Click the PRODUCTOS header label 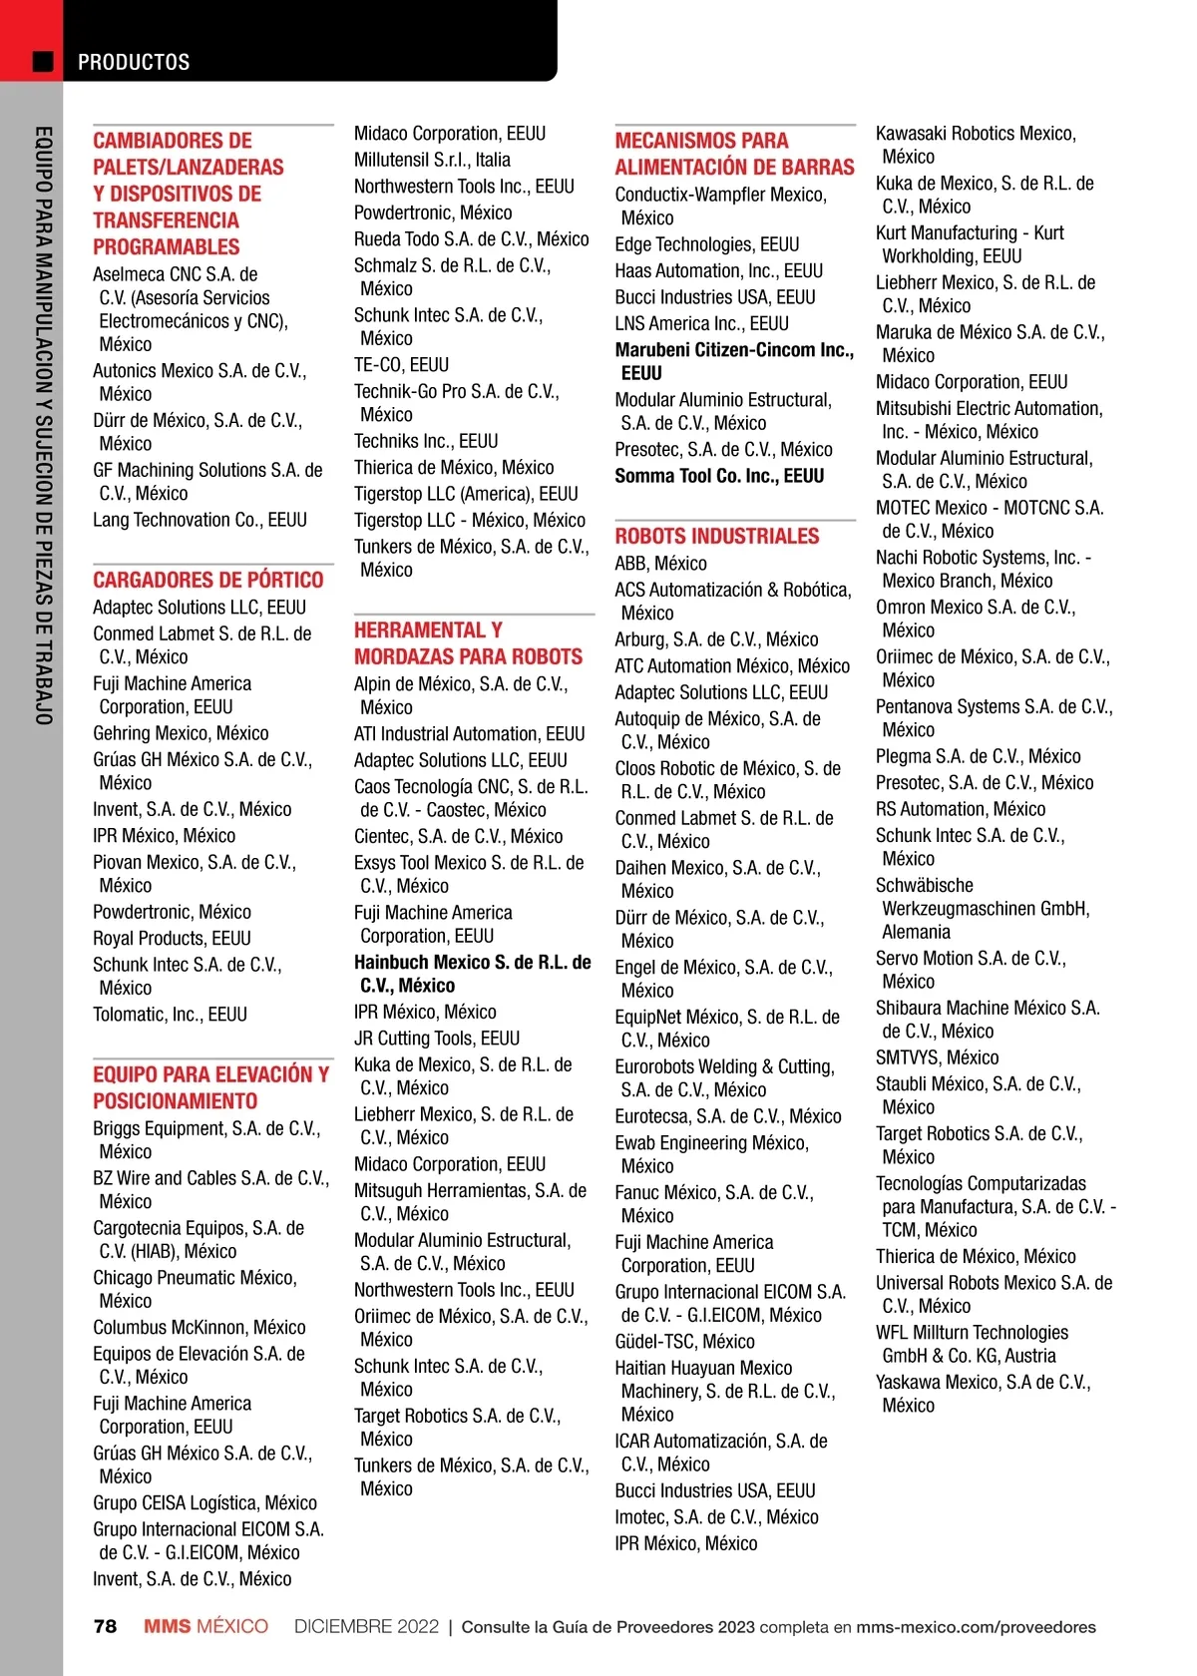click(x=134, y=62)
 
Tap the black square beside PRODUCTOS click(x=43, y=62)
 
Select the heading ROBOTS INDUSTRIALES click(x=716, y=536)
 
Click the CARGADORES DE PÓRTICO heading click(x=207, y=580)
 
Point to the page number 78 click(x=105, y=1626)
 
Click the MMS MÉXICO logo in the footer click(x=205, y=1626)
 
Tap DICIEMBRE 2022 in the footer click(x=366, y=1626)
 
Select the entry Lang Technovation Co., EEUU click(x=199, y=520)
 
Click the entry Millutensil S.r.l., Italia click(x=432, y=160)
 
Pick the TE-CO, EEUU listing click(x=401, y=365)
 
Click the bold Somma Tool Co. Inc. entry click(x=719, y=476)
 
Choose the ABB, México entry click(x=660, y=564)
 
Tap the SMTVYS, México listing click(x=937, y=1057)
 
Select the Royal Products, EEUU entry click(x=172, y=938)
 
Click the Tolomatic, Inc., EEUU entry click(x=170, y=1015)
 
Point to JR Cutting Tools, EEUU click(x=436, y=1039)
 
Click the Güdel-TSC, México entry click(x=684, y=1342)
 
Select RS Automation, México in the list click(x=960, y=809)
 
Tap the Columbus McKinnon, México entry click(x=199, y=1328)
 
